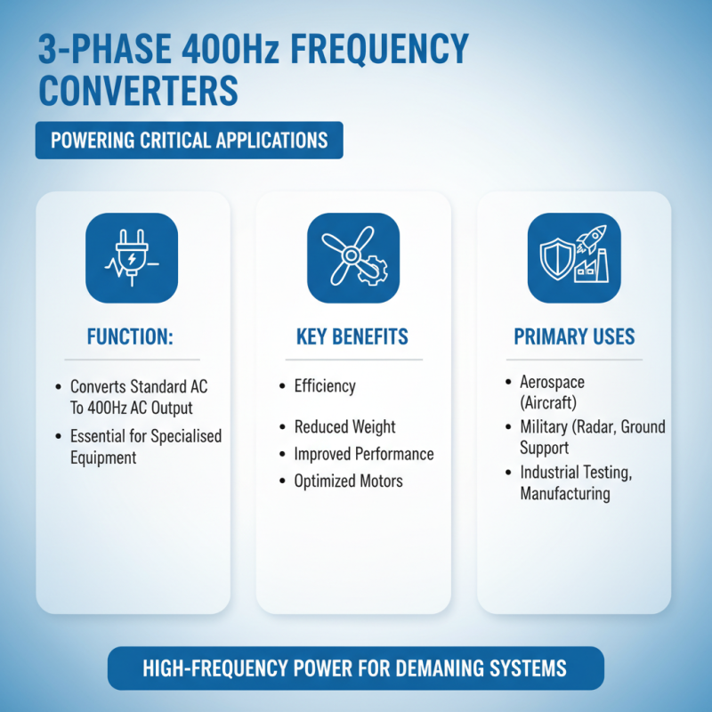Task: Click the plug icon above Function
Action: pos(131,258)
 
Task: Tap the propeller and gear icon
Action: pos(352,258)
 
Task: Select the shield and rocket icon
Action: pos(574,258)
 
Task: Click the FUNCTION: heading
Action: pos(132,337)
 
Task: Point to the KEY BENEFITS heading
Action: pos(352,336)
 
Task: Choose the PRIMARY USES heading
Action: pos(574,336)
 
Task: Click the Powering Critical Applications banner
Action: pos(189,141)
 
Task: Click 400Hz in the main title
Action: pos(230,49)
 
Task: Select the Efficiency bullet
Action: pos(325,386)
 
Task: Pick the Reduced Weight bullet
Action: pos(344,427)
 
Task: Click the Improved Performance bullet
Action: pos(364,454)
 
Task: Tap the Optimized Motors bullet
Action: pos(348,481)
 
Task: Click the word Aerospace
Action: pos(553,382)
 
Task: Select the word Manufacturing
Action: pos(564,493)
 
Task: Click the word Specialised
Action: pos(182,436)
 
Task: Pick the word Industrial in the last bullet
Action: pos(551,473)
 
